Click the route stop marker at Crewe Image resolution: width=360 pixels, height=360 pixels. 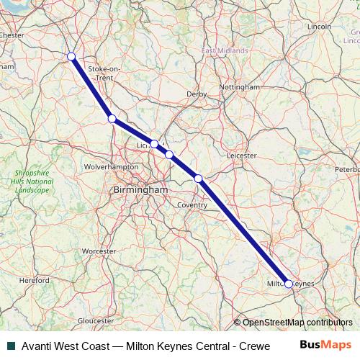tap(71, 56)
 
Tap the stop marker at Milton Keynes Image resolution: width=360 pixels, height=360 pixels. tap(289, 284)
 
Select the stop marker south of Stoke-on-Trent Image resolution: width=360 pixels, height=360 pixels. tap(112, 119)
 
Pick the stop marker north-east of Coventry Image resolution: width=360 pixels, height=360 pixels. tap(198, 177)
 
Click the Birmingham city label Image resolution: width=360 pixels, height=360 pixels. tap(140, 189)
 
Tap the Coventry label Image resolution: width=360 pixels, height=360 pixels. tap(192, 205)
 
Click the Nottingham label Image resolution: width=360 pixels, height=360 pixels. tap(238, 86)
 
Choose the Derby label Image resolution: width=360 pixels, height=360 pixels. tap(197, 94)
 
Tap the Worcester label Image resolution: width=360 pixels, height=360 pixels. tap(99, 251)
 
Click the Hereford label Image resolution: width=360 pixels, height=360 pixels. tap(34, 280)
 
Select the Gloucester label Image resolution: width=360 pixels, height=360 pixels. tap(96, 320)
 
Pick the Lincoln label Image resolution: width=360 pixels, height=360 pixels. tap(318, 27)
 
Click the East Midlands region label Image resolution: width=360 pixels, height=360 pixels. tap(225, 51)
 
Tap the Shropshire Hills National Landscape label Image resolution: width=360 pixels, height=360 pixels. tap(33, 181)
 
